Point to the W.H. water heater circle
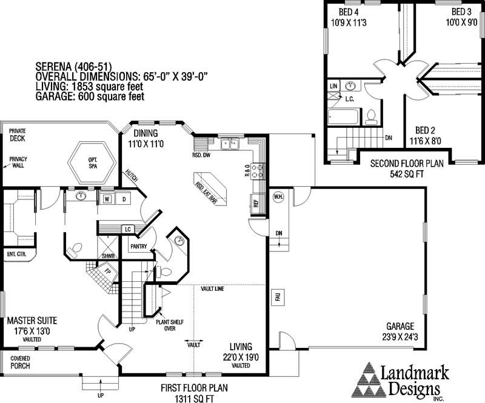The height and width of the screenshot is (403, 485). [x=278, y=196]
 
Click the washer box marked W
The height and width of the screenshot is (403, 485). [x=106, y=199]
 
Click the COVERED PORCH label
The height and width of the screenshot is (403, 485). [x=21, y=362]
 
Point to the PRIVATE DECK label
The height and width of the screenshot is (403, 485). [x=18, y=134]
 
